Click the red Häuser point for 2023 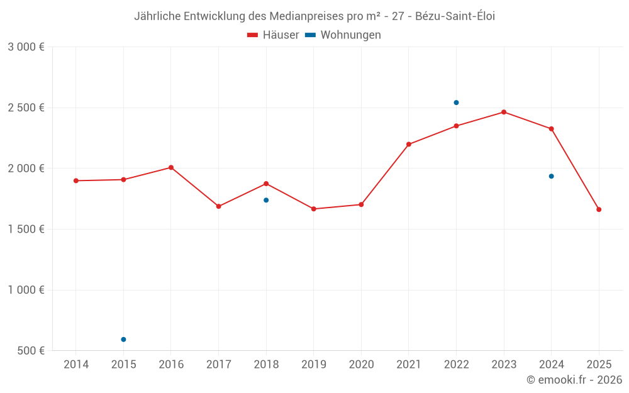504,112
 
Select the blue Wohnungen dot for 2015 123,340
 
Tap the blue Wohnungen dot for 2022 456,102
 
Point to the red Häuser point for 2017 218,206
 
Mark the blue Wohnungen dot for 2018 266,200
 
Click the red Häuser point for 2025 599,209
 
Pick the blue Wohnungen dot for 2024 551,176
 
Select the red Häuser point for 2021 409,144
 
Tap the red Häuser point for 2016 171,167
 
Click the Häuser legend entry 273,35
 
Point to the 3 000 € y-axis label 26,47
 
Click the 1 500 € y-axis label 26,230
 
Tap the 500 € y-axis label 30,351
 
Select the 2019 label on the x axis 313,365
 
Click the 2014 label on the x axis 76,365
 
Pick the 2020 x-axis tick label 361,365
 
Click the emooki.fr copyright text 574,380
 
